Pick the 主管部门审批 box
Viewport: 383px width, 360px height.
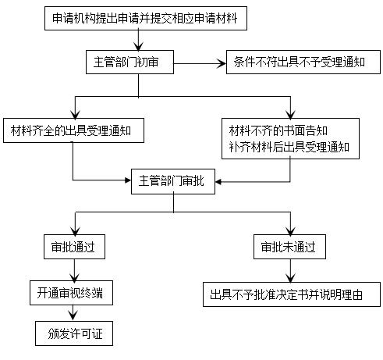point(172,180)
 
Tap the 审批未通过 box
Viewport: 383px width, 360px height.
point(289,248)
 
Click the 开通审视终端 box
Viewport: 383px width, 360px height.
point(73,294)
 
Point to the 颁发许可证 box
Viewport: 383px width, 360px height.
point(74,333)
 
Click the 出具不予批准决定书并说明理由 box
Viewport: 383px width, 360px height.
point(289,295)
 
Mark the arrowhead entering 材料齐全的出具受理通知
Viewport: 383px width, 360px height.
point(73,113)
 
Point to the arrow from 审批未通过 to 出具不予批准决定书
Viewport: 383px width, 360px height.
point(289,271)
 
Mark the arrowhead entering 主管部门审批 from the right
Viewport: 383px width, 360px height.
point(219,181)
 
